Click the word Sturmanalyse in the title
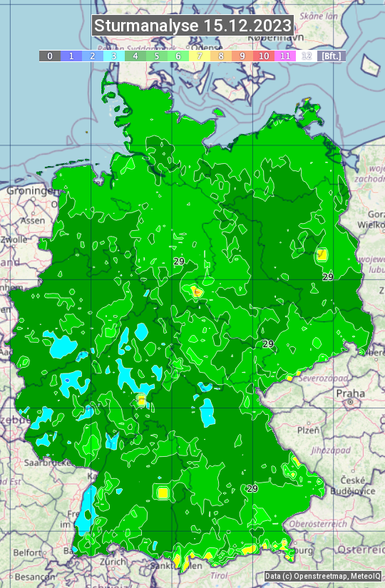click(x=146, y=26)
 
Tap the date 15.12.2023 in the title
click(x=247, y=26)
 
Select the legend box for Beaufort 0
click(x=49, y=56)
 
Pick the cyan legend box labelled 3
click(x=113, y=56)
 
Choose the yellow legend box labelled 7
click(x=200, y=56)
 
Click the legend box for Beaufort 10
click(x=264, y=56)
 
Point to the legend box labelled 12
click(x=307, y=56)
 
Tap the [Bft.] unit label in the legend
click(x=332, y=56)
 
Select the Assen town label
click(x=32, y=220)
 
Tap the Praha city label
click(x=350, y=393)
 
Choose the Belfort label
click(x=28, y=552)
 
